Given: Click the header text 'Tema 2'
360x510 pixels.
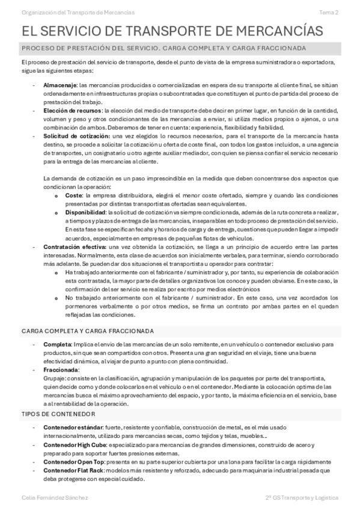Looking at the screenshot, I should tap(328, 12).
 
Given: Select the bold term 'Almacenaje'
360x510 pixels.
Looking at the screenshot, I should tap(59, 85).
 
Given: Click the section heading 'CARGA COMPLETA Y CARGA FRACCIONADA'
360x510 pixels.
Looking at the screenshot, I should tap(88, 331).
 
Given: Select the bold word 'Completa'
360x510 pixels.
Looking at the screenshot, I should tap(57, 344).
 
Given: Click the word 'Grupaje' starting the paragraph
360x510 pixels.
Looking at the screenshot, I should tap(54, 379).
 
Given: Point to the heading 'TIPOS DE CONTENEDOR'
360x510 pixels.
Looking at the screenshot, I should tap(58, 414).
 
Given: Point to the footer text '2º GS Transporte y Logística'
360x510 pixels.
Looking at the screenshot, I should tap(302, 498).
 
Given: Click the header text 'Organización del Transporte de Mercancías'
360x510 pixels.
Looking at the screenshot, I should tap(78, 12).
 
